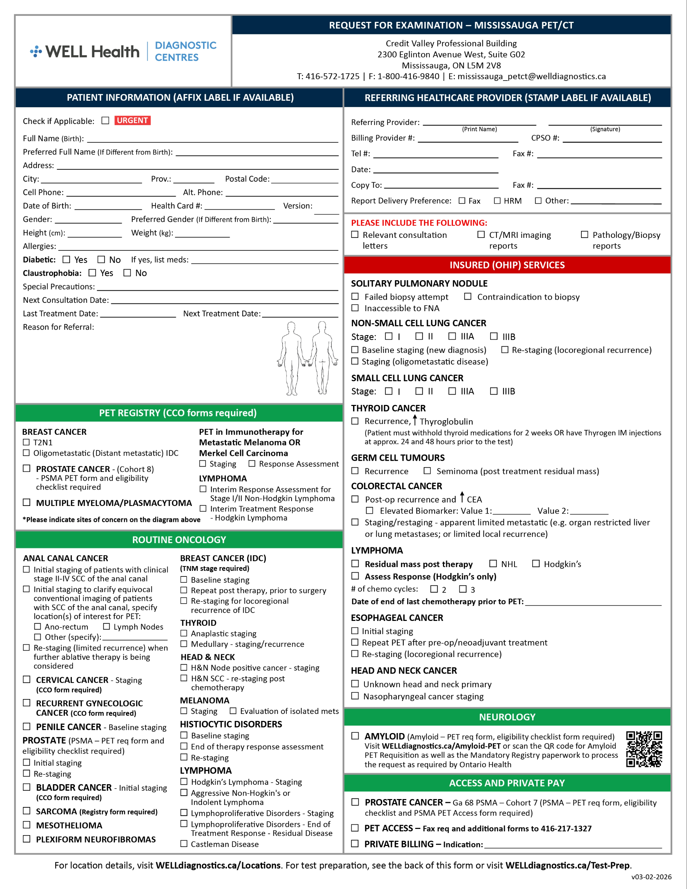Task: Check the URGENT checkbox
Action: (106, 121)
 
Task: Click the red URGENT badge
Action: (132, 121)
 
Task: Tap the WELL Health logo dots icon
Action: (36, 51)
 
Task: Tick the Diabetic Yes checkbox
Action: (66, 259)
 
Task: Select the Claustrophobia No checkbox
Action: (127, 273)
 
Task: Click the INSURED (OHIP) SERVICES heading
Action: (507, 265)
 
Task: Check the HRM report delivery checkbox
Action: (497, 201)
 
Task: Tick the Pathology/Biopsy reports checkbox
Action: (585, 234)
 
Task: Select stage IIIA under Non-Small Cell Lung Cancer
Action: (452, 336)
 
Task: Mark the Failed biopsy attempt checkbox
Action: (355, 297)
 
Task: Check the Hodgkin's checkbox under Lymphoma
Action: (536, 564)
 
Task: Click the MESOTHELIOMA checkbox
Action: (27, 825)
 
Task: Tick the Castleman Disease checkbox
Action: (184, 844)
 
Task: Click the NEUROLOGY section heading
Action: (507, 717)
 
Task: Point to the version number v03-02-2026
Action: (651, 877)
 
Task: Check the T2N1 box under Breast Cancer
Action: (26, 442)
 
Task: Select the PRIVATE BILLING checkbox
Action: (355, 844)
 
